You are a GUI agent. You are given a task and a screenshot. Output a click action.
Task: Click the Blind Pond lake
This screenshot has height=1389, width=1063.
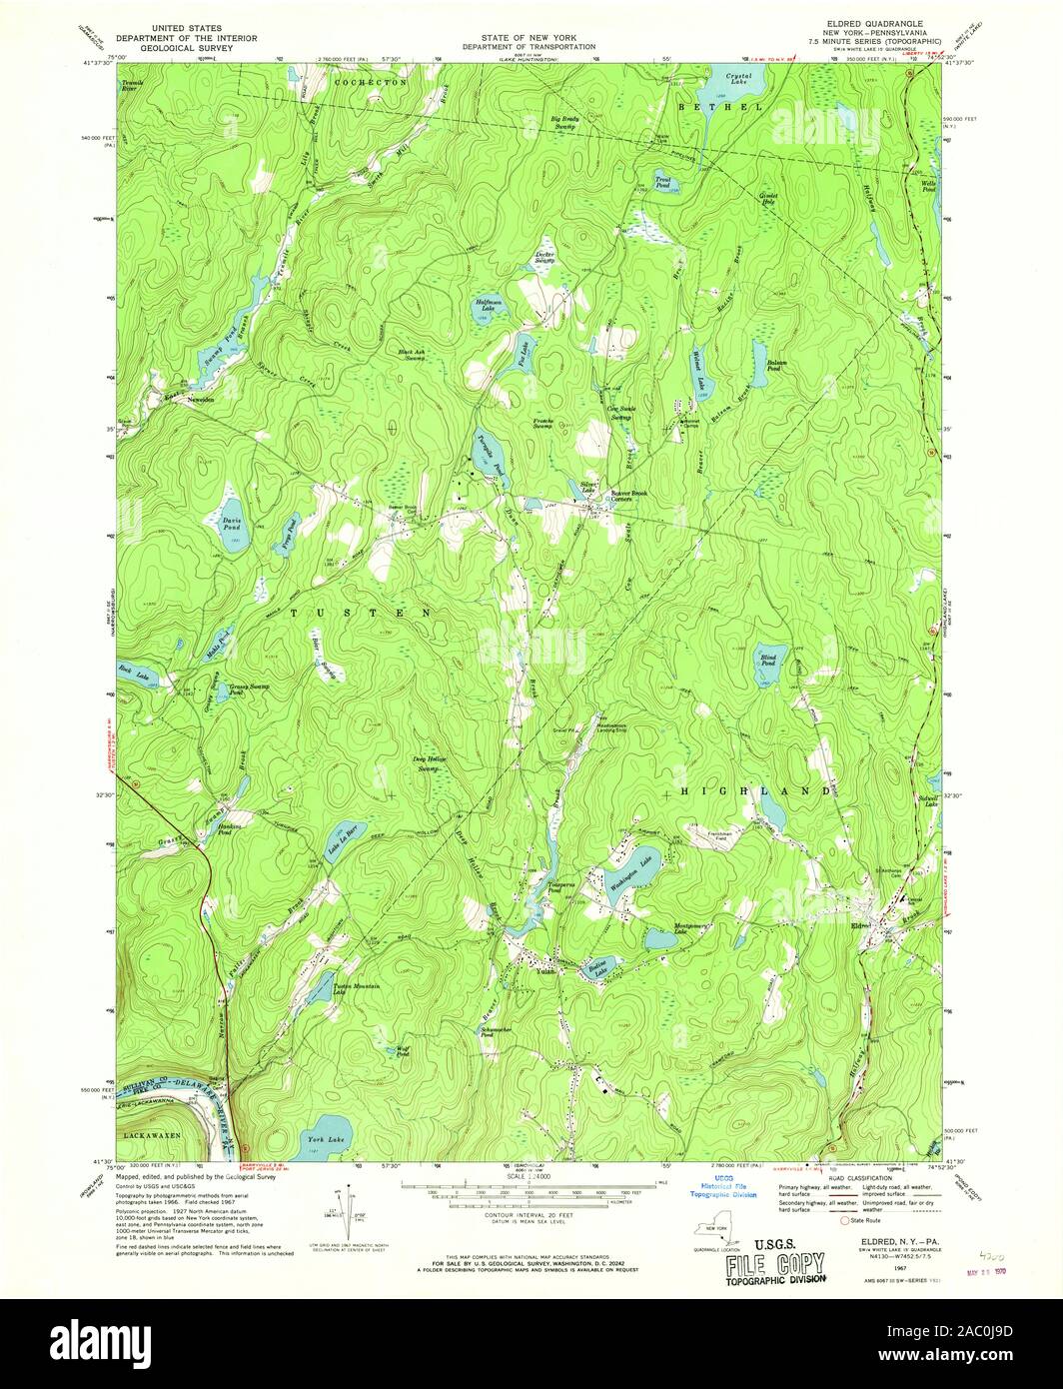click(x=766, y=665)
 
